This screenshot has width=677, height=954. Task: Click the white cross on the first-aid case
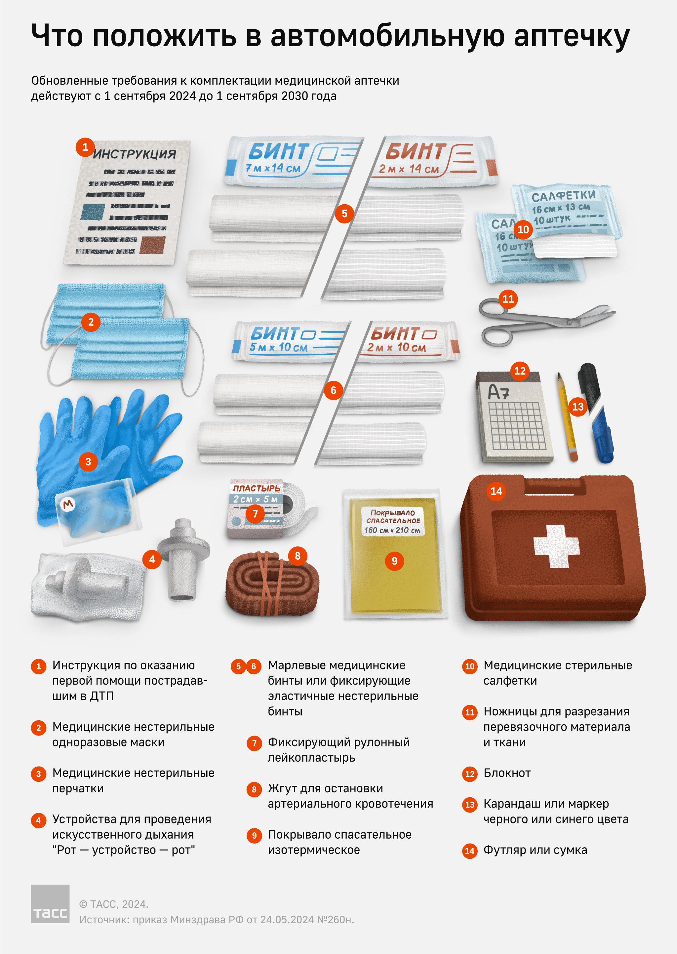pyautogui.click(x=556, y=546)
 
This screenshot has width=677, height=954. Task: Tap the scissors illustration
pyautogui.click(x=546, y=321)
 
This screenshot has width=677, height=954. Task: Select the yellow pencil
pyautogui.click(x=567, y=417)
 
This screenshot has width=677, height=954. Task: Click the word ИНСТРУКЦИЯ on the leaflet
pyautogui.click(x=134, y=154)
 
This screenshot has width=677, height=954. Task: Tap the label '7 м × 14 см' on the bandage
pyautogui.click(x=273, y=168)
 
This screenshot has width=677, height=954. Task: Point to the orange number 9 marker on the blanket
pyautogui.click(x=394, y=561)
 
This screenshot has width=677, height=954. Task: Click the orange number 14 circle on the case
pyautogui.click(x=496, y=491)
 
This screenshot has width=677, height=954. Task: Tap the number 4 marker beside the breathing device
pyautogui.click(x=152, y=559)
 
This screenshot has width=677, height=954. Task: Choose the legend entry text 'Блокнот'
pyautogui.click(x=507, y=773)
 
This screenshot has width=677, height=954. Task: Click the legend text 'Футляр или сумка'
pyautogui.click(x=535, y=850)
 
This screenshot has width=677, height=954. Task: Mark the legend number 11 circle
pyautogui.click(x=470, y=712)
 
